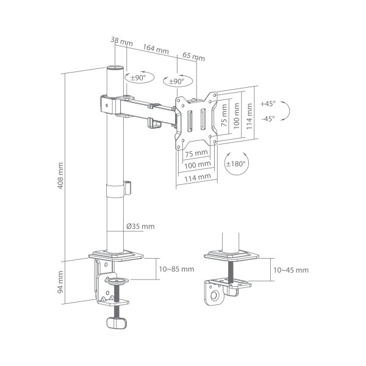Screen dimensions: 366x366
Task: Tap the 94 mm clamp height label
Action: (x=60, y=282)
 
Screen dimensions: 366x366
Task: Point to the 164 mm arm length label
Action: (x=157, y=49)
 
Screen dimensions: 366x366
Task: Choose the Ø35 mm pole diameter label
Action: (x=140, y=226)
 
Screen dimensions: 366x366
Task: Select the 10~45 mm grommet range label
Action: (x=290, y=270)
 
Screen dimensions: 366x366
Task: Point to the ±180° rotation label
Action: (x=235, y=164)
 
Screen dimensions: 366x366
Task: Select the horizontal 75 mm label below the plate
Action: (x=196, y=152)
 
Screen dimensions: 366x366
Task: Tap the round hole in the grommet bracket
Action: (x=214, y=296)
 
